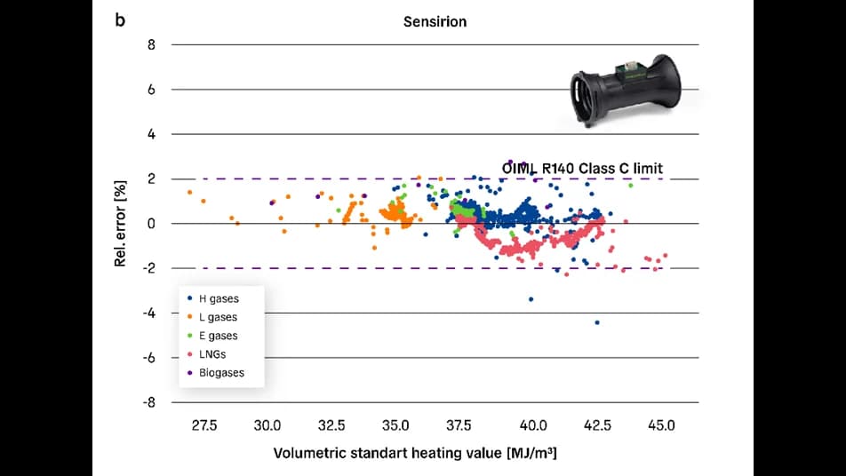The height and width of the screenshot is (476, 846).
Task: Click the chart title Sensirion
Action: click(435, 21)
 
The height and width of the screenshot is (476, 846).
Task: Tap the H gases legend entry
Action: click(218, 299)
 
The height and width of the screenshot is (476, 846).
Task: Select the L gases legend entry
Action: click(218, 317)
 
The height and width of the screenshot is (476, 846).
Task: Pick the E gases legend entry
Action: click(218, 336)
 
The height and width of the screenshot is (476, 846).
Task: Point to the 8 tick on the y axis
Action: click(151, 44)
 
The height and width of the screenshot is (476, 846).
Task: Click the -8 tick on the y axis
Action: click(148, 402)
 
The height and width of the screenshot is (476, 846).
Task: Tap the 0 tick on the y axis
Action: click(151, 224)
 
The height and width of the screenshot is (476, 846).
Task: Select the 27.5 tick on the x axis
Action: click(204, 425)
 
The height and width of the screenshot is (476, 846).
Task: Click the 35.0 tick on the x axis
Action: click(395, 425)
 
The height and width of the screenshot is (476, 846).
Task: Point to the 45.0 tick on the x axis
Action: click(661, 425)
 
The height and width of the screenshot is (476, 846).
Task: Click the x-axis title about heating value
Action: click(415, 453)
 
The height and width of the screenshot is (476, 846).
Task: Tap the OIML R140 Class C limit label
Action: click(582, 168)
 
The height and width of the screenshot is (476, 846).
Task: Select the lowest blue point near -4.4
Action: click(597, 322)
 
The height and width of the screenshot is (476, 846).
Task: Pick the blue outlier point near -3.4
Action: click(531, 299)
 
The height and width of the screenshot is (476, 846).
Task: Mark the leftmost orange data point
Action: click(189, 192)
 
